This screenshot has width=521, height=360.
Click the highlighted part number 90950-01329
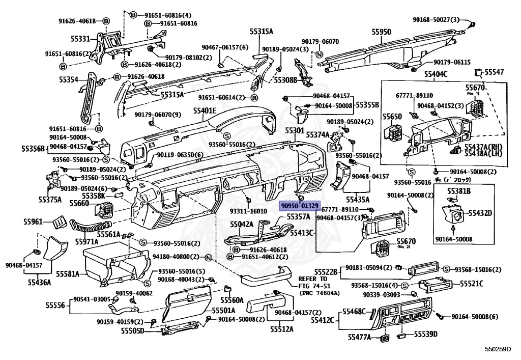[300, 206]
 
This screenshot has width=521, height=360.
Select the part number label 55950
[381, 32]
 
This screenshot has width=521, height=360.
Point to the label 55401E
[205, 110]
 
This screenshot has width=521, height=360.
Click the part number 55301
[295, 131]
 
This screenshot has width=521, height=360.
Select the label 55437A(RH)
[483, 146]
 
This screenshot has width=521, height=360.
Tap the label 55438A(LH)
[483, 153]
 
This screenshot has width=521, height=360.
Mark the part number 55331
[80, 38]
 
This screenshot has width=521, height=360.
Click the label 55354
[68, 79]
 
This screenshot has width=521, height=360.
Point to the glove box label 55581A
[68, 274]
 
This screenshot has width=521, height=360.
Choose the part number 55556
[55, 305]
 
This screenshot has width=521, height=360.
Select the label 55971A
[87, 241]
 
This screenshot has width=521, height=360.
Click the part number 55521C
[472, 283]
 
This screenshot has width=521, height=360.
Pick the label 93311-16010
[248, 211]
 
